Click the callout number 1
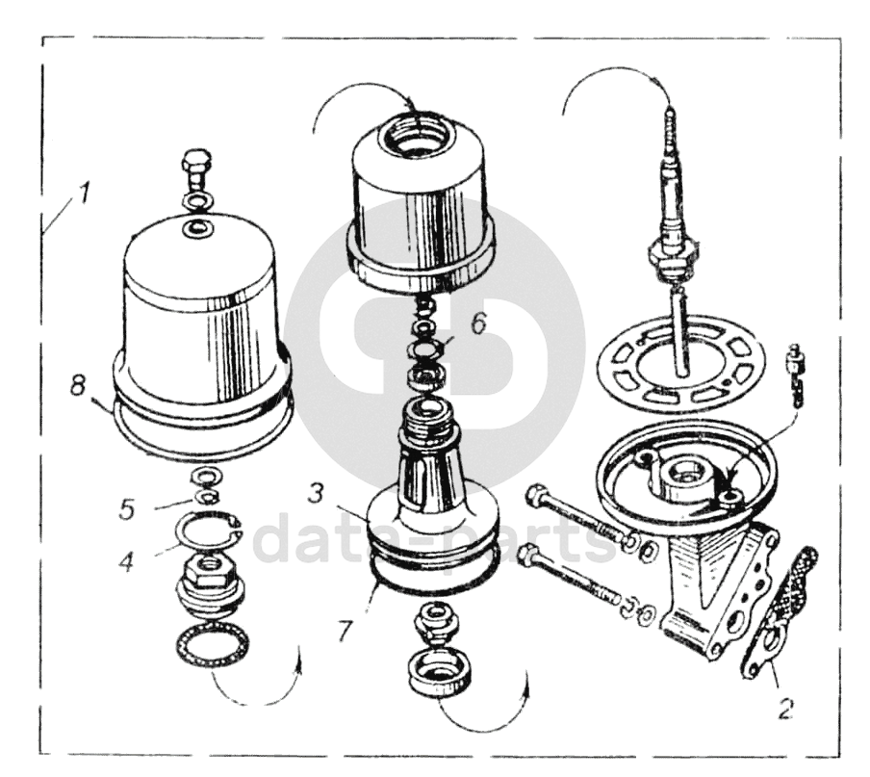pos(83,195)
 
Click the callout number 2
pos(784,708)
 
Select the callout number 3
pos(317,493)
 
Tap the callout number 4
pos(127,562)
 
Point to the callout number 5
pos(127,509)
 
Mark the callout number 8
pos(78,385)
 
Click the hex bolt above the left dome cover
pos(196,168)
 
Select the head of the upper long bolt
pos(536,495)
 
